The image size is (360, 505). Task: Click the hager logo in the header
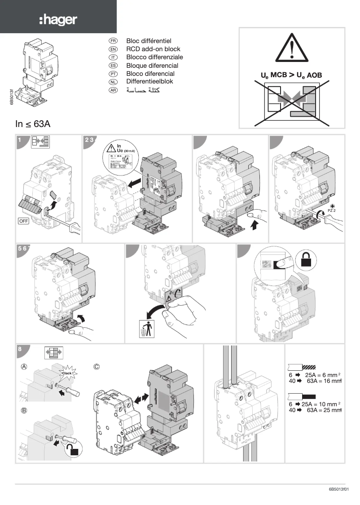58,19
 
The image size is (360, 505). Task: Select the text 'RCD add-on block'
153,49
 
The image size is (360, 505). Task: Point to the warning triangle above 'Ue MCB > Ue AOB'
292,49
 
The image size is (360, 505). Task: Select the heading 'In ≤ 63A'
33,124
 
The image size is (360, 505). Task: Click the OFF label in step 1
24,220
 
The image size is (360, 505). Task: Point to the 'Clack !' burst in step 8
68,373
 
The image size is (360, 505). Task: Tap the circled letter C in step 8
97,367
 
